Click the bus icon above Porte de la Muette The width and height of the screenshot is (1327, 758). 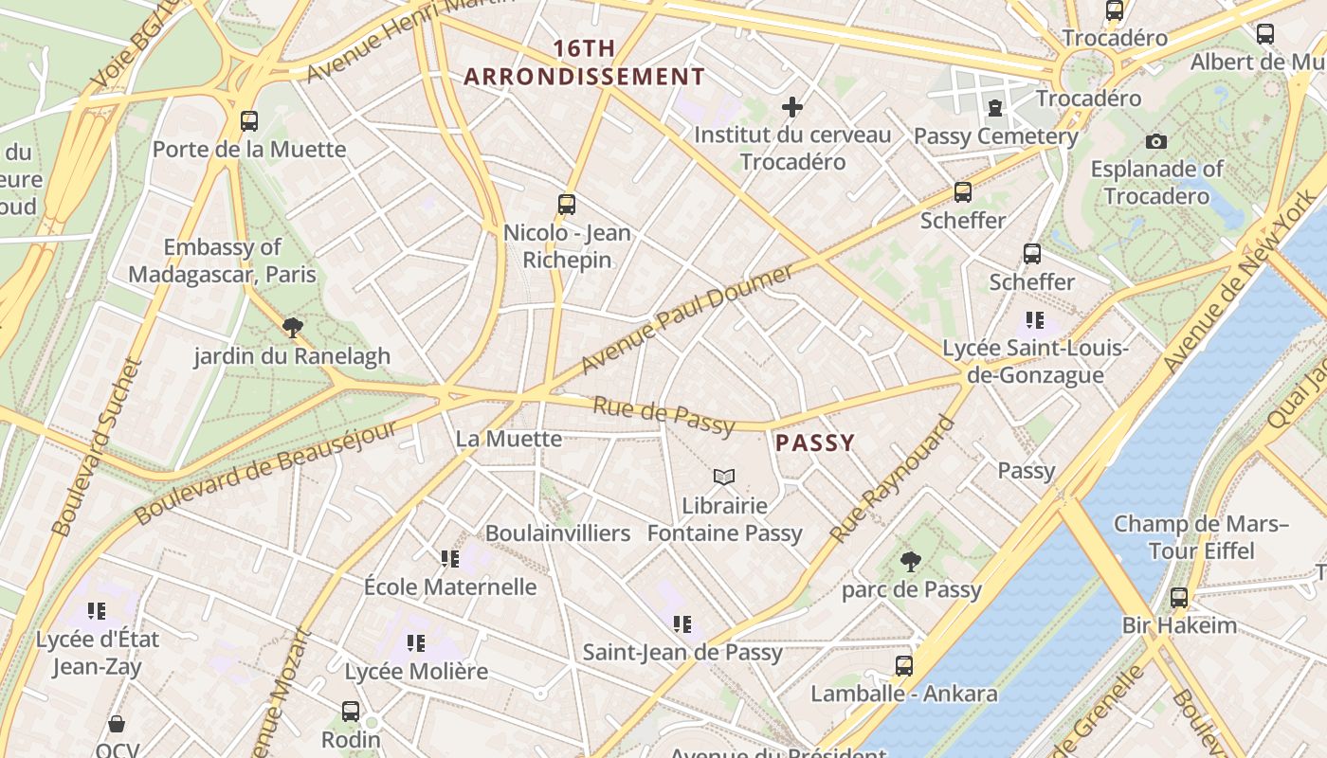tap(249, 120)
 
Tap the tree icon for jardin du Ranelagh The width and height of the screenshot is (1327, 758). tap(293, 328)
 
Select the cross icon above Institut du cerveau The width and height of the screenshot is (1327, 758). tap(792, 107)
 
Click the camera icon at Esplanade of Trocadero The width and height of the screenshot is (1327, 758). tap(1156, 141)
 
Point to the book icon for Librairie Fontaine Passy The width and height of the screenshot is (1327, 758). tap(724, 477)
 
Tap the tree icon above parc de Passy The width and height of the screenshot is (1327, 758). tap(911, 561)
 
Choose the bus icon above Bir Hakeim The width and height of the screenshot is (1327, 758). tap(1179, 598)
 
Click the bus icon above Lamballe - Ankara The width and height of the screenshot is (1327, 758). tap(904, 666)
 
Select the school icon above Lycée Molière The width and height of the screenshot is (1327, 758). tap(415, 643)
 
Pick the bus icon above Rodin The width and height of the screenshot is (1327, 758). tap(351, 711)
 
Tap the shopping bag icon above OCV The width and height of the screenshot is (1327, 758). tap(117, 725)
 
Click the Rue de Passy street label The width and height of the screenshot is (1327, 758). tap(663, 417)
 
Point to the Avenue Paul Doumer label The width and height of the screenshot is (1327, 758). tap(686, 318)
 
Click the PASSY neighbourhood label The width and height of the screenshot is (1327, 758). tap(815, 442)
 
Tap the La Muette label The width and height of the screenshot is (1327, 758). tap(509, 439)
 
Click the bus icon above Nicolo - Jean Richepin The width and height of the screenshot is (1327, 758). tap(567, 204)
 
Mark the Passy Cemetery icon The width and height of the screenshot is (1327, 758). tap(995, 108)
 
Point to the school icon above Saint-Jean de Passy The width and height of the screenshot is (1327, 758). tap(682, 624)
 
